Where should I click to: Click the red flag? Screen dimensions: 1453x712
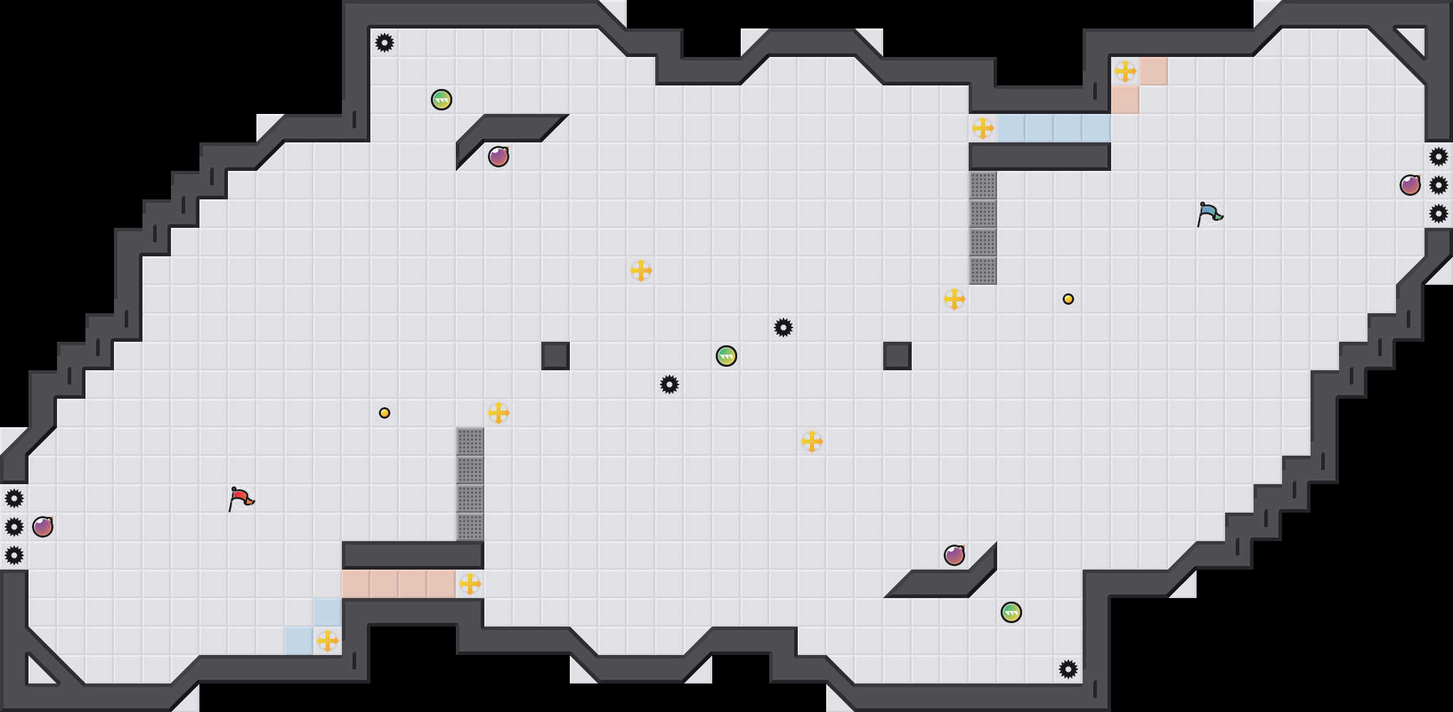[241, 498]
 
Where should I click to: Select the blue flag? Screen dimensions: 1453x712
[1209, 213]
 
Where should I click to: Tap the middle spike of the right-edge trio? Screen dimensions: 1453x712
[1438, 185]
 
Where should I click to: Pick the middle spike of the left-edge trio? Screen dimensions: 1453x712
[14, 527]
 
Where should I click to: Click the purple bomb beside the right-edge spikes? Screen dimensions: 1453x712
[1410, 185]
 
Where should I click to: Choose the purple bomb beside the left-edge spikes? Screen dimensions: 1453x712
[43, 527]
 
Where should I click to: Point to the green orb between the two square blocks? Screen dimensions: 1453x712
[726, 356]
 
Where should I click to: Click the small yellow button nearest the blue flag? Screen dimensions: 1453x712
[1068, 299]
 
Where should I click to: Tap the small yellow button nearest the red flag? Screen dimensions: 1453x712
[385, 413]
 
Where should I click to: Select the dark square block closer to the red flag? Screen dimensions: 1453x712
[555, 356]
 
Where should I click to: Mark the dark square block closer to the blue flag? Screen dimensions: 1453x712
[897, 356]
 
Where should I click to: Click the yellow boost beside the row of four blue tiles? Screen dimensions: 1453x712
[983, 128]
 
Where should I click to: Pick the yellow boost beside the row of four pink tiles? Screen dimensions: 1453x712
[470, 584]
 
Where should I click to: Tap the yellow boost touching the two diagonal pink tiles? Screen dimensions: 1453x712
[1125, 71]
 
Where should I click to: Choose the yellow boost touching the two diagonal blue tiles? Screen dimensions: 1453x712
[328, 641]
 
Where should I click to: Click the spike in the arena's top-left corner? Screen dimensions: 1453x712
[385, 43]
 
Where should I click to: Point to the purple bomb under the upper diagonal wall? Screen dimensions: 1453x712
[499, 157]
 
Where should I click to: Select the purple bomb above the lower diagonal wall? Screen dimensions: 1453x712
[954, 555]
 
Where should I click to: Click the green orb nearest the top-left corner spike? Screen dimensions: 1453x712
[442, 100]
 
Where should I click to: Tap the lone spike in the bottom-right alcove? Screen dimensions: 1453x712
[1068, 669]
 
